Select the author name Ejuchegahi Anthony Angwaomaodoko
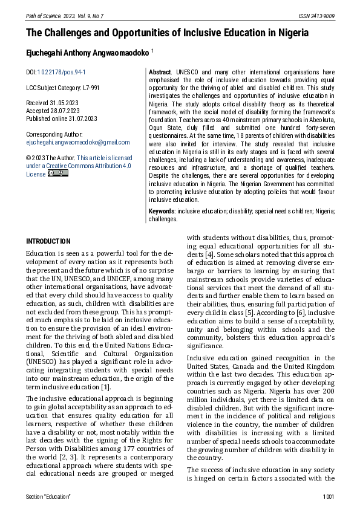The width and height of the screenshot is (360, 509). point(88,53)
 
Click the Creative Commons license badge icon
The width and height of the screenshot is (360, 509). point(58,173)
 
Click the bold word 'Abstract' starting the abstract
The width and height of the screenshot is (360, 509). point(160,72)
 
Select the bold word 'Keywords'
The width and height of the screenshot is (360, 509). point(162,212)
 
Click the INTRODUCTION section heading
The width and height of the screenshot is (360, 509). point(48,241)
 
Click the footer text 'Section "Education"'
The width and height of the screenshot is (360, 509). point(48,496)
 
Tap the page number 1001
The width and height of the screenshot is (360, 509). point(329,496)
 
